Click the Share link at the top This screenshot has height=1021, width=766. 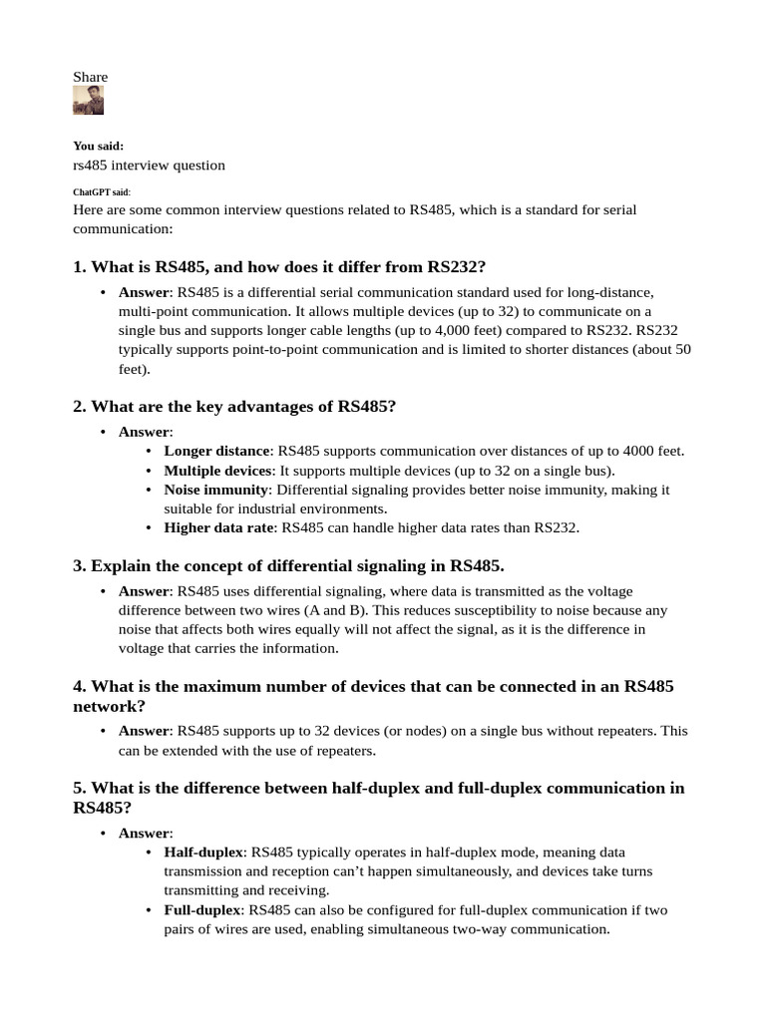(90, 77)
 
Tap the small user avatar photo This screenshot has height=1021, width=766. (88, 101)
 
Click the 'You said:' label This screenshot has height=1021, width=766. (98, 146)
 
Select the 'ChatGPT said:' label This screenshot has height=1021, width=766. (102, 191)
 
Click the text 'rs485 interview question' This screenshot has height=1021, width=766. (149, 165)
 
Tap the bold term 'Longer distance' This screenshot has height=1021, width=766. (216, 451)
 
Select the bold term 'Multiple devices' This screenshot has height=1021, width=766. (217, 470)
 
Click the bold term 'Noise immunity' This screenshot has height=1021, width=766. (216, 490)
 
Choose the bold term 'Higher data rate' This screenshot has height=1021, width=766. (219, 527)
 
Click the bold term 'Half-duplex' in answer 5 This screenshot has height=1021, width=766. (203, 852)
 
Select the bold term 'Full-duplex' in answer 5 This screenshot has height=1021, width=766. (202, 909)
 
